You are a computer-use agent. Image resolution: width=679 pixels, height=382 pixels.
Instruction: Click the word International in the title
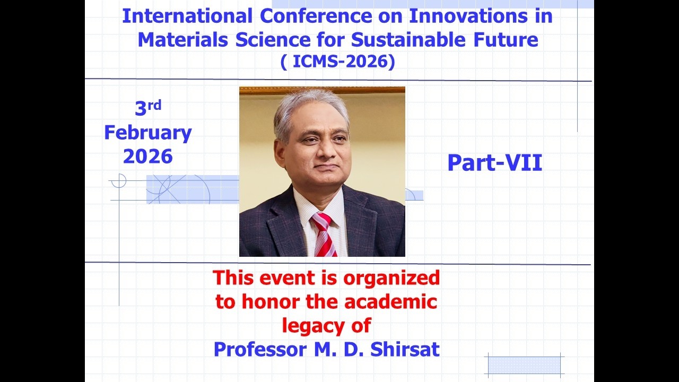point(187,16)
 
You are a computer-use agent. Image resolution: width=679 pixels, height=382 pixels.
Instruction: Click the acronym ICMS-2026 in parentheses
point(337,62)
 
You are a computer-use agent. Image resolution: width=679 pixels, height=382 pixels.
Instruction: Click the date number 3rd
point(147,108)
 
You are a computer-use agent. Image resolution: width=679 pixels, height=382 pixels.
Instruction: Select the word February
point(147,133)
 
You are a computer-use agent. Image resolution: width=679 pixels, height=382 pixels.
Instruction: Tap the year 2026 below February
point(147,157)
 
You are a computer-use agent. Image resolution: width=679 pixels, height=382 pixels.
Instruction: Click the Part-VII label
point(494,163)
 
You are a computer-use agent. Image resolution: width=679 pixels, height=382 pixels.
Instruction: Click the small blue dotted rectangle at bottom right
point(524,366)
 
